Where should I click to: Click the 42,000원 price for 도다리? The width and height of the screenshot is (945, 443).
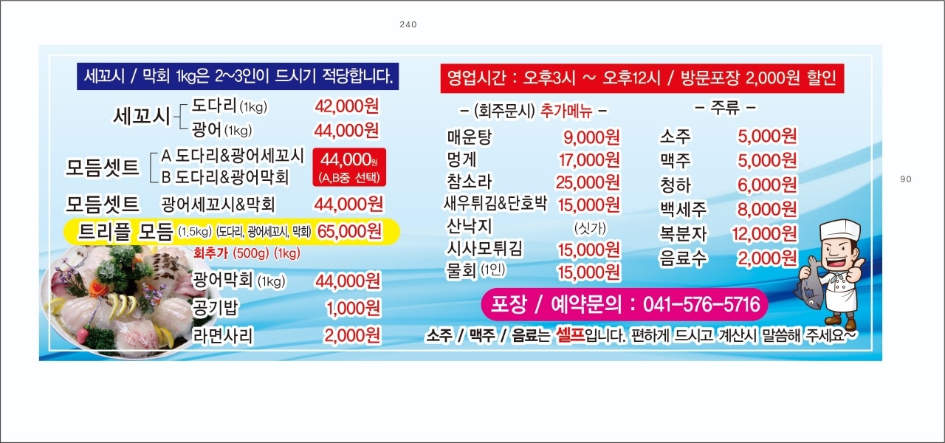347,106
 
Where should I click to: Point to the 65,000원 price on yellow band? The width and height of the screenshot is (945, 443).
350,231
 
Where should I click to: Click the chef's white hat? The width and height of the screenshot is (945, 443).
839,230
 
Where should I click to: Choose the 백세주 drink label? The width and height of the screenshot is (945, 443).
683,209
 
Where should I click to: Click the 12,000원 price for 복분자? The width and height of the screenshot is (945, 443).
764,233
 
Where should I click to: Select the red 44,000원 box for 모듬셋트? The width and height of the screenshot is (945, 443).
349,167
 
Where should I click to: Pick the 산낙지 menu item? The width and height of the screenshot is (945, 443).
469,226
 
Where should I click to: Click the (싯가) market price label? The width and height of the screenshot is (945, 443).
590,228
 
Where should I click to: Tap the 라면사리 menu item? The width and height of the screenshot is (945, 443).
223,336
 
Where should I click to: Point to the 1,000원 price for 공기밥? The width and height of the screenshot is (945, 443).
353,309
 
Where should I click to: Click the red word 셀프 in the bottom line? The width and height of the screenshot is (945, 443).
570,334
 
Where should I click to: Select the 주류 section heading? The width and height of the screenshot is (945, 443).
725,108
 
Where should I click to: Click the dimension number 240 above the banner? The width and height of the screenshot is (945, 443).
408,24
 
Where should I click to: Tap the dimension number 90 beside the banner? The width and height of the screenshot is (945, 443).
906,179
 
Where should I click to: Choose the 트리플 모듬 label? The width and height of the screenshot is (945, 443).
126,232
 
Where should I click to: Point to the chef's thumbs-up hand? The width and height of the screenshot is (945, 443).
854,271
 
